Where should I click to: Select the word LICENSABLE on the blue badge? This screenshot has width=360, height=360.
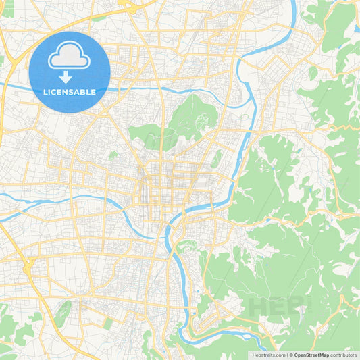[70, 92]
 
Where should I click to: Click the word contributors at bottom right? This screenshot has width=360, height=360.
[344, 355]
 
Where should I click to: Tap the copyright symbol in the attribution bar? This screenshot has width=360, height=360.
[291, 355]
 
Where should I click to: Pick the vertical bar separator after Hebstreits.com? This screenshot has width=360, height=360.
[286, 355]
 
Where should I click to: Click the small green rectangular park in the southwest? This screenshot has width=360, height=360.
[109, 324]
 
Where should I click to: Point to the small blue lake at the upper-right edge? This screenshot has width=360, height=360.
[356, 28]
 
